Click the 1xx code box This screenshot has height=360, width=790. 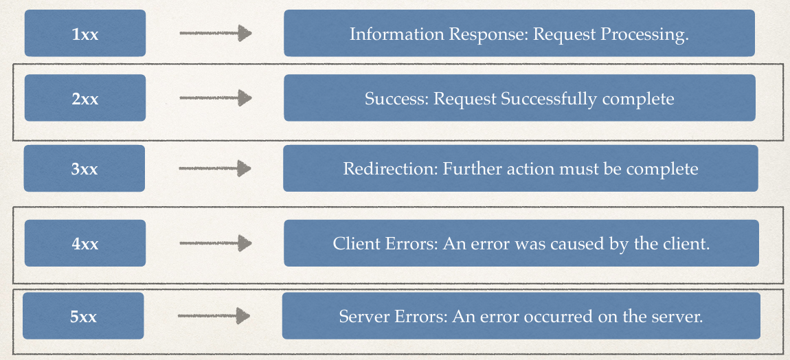(x=85, y=33)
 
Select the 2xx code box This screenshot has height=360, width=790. (x=85, y=98)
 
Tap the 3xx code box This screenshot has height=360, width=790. (x=84, y=168)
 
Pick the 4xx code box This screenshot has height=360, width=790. (x=85, y=243)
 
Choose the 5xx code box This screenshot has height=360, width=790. (x=83, y=315)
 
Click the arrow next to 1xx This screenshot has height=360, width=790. (x=216, y=33)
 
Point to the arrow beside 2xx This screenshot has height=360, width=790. (x=216, y=98)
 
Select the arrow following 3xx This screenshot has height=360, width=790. (x=215, y=168)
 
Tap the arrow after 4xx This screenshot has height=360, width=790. (x=216, y=243)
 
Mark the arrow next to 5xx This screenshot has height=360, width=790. (x=214, y=316)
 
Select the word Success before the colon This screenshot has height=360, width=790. (x=396, y=98)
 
